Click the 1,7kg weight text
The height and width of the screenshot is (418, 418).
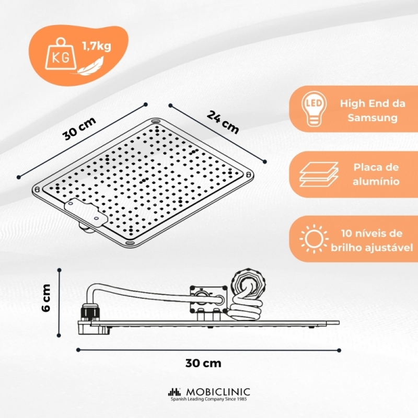tap(97, 47)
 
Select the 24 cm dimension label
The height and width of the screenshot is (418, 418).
tap(223, 122)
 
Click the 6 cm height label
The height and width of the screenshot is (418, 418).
tap(46, 298)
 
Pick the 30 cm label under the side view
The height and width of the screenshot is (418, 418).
tap(203, 363)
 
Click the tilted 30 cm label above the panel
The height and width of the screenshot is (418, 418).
tap(79, 129)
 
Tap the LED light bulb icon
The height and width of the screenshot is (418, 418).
tap(314, 109)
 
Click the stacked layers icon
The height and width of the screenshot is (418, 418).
tap(319, 174)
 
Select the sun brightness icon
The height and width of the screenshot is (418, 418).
tap(314, 239)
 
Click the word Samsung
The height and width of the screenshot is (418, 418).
tap(373, 118)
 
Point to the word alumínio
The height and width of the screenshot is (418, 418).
tap(376, 181)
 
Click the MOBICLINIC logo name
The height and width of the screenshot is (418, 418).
tap(218, 392)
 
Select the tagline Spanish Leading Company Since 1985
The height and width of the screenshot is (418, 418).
tap(208, 399)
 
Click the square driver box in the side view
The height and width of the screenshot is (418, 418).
tap(208, 299)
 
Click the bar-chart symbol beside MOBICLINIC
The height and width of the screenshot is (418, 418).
tap(175, 392)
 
